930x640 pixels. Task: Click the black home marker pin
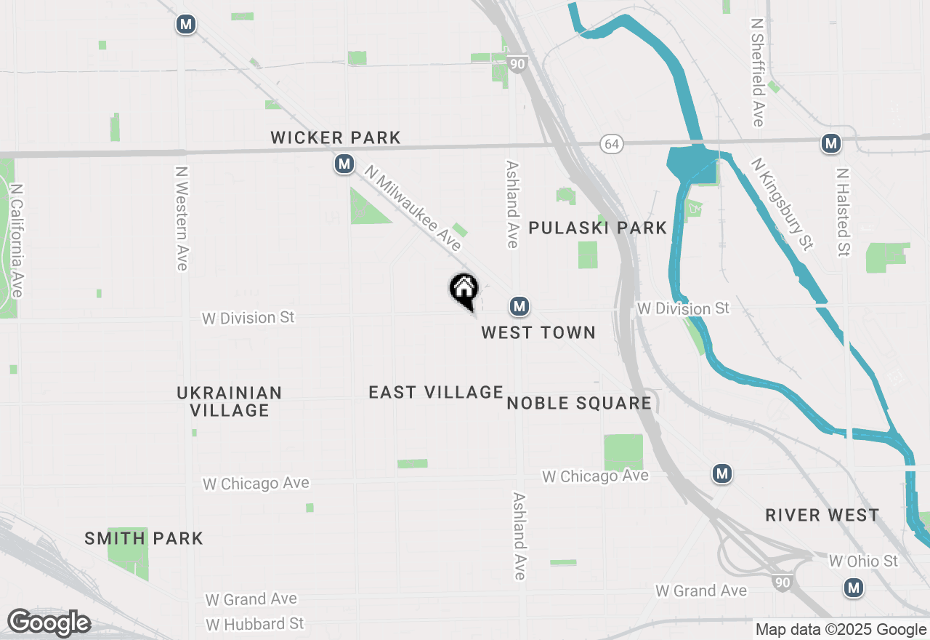tap(464, 289)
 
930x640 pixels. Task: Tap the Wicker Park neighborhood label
tap(336, 137)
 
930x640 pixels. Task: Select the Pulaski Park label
tap(597, 228)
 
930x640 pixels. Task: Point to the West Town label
tap(538, 332)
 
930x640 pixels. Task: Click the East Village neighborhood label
tap(436, 393)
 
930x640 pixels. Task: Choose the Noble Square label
tap(579, 404)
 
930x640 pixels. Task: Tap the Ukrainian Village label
tap(230, 401)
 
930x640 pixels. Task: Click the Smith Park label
tap(144, 539)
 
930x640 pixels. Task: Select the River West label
tap(822, 516)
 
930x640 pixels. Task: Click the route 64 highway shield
tap(612, 144)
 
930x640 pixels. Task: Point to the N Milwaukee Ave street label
tap(413, 209)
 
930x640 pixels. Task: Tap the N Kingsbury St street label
tap(782, 205)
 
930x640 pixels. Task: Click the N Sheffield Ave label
tap(758, 72)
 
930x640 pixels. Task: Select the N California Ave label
tap(16, 240)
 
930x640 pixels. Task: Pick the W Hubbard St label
tap(255, 624)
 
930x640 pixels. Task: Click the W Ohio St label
tap(863, 561)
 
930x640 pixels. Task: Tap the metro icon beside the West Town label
tap(519, 307)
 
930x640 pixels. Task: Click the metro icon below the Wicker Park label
tap(344, 164)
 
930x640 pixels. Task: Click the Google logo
tap(49, 623)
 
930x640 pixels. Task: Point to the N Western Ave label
tap(182, 219)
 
